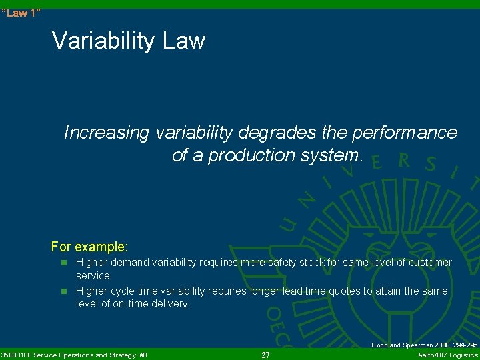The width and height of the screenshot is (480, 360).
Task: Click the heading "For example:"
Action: click(89, 247)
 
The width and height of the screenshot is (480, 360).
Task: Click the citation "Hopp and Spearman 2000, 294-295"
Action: click(424, 345)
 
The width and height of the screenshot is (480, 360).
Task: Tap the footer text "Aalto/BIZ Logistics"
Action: click(447, 355)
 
